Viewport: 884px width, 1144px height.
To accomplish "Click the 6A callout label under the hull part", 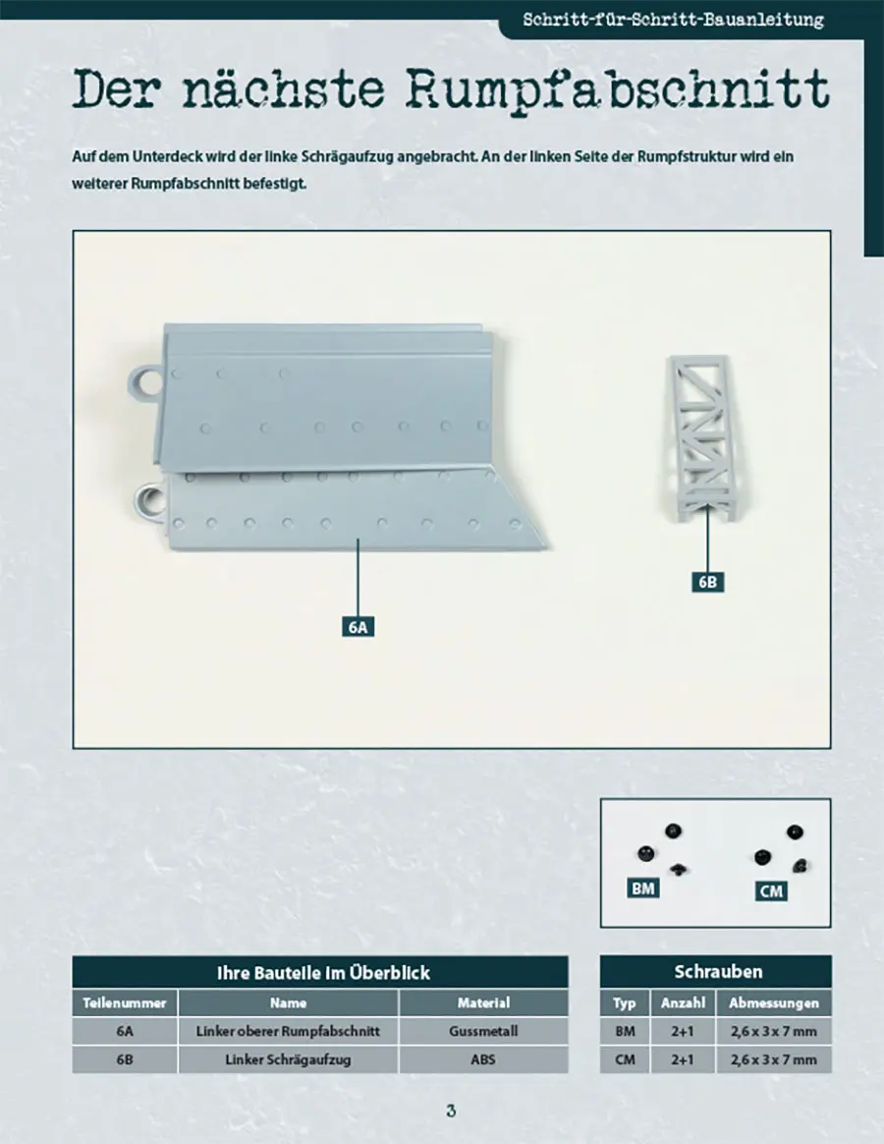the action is pyautogui.click(x=359, y=627).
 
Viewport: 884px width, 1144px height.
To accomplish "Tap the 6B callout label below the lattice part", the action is pyautogui.click(x=707, y=582).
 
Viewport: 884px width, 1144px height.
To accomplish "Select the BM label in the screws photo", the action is pyautogui.click(x=642, y=887).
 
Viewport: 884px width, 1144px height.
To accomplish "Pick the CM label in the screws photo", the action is pyautogui.click(x=771, y=890).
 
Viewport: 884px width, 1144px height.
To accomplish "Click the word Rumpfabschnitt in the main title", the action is pyautogui.click(x=618, y=89).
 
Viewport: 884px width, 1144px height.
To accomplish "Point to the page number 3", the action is pyautogui.click(x=451, y=1112).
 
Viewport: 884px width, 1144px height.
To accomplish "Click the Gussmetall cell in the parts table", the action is pyautogui.click(x=483, y=1031).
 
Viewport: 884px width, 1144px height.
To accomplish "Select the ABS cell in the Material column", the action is pyautogui.click(x=483, y=1059).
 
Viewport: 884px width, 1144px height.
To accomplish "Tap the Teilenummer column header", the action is pyautogui.click(x=125, y=1002).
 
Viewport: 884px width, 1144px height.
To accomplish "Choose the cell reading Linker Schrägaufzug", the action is pyautogui.click(x=288, y=1059).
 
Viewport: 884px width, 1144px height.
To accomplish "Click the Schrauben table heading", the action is pyautogui.click(x=715, y=971).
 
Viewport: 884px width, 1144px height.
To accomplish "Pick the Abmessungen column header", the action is pyautogui.click(x=774, y=1002).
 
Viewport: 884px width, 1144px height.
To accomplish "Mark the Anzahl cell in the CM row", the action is pyautogui.click(x=683, y=1059).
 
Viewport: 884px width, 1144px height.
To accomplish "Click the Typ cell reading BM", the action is pyautogui.click(x=625, y=1031).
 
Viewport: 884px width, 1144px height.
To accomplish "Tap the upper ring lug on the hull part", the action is pyautogui.click(x=145, y=381).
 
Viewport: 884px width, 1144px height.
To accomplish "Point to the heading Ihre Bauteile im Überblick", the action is pyautogui.click(x=323, y=973).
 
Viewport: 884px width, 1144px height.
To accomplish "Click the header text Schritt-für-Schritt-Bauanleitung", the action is pyautogui.click(x=673, y=20).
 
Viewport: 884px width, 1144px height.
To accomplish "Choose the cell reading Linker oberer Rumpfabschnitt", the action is pyautogui.click(x=288, y=1031).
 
